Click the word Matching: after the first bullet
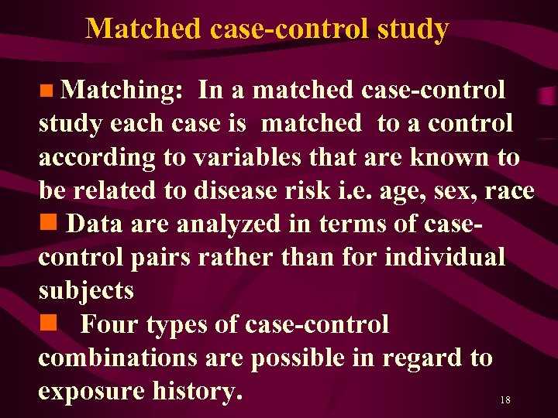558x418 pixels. (122, 91)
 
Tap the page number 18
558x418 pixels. (505, 400)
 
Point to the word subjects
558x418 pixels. (86, 291)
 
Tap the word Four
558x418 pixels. (109, 324)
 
